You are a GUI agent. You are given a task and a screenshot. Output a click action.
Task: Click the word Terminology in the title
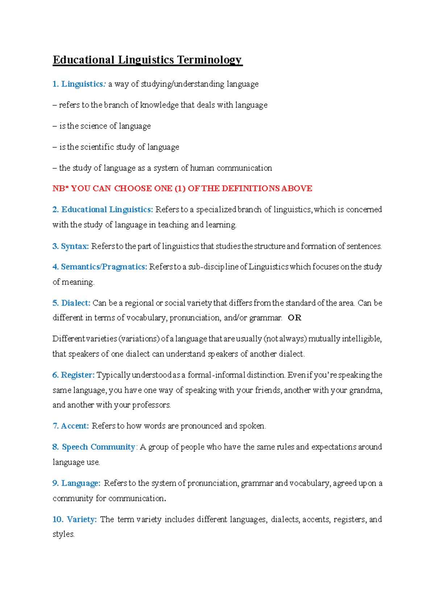[x=209, y=60]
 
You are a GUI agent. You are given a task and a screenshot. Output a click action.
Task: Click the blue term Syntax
[x=75, y=246]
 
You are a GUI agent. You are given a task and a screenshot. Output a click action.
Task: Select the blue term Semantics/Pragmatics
[x=104, y=267]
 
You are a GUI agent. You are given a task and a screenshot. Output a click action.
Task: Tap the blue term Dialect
[x=75, y=303]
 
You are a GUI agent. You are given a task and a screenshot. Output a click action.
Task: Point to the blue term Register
[x=78, y=375]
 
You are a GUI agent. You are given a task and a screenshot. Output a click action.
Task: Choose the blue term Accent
[x=75, y=426]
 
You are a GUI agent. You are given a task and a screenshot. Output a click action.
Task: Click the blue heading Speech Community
[x=98, y=447]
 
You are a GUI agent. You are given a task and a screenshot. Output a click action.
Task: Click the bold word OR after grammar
[x=294, y=318]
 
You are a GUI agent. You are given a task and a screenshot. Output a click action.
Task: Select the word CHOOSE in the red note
[x=133, y=189]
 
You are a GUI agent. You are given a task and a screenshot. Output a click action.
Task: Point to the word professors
[x=151, y=405]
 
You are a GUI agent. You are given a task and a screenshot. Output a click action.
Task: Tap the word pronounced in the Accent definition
[x=201, y=426]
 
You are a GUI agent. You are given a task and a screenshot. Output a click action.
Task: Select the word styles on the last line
[x=63, y=534]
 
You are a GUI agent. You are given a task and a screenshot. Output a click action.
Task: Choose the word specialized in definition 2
[x=216, y=210]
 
